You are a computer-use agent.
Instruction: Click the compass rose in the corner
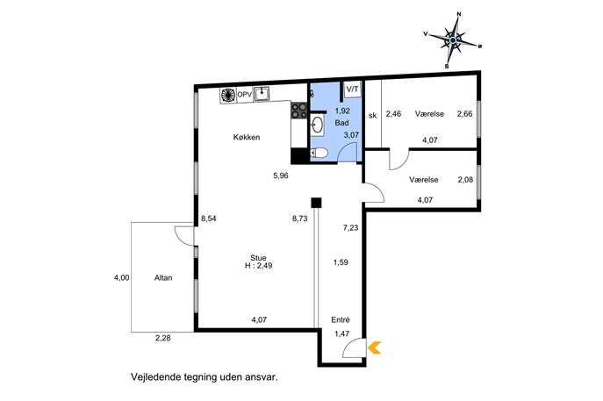point(453,40)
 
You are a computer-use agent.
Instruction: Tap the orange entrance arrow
point(374,347)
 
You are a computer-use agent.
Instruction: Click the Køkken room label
point(247,137)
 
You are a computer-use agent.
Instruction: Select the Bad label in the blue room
point(341,123)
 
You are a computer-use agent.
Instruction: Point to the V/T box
point(352,90)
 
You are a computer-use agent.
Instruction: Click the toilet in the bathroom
point(319,154)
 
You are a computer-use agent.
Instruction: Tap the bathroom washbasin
point(317,125)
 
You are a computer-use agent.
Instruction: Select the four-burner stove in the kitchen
point(298,111)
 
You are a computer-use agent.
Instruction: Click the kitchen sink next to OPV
point(261,93)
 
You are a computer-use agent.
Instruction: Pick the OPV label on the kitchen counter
point(245,95)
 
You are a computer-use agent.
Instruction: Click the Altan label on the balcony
point(163,277)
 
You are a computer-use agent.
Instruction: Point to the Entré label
point(341,319)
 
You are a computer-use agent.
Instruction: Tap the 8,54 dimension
point(208,218)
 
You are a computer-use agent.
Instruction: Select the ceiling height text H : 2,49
point(258,266)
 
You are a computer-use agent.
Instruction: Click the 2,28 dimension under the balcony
point(162,339)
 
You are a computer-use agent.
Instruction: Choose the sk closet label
point(373,115)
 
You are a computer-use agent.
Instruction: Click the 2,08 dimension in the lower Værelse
point(465,180)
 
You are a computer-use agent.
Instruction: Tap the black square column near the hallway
point(316,202)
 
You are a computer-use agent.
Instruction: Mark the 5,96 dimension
point(281,175)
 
